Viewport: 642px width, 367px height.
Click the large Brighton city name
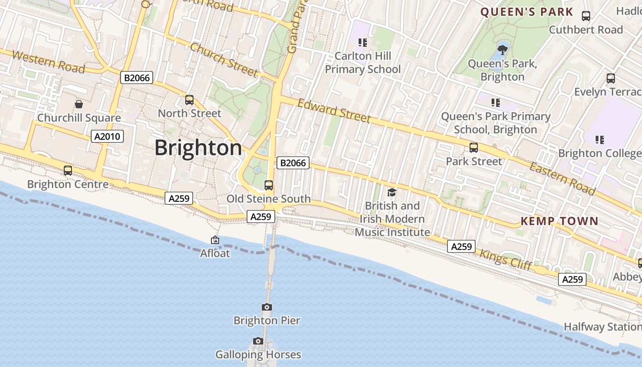[198, 148]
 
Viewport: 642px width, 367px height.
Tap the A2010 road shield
[107, 136]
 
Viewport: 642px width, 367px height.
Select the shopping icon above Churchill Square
[79, 104]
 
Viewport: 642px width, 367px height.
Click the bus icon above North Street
[189, 100]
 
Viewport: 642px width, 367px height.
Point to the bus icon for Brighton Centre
[68, 171]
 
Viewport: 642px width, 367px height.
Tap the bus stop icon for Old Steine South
[269, 185]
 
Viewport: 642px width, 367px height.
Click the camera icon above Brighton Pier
[267, 307]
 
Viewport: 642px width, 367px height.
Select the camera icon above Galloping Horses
[258, 341]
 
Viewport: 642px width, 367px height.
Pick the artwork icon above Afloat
[215, 240]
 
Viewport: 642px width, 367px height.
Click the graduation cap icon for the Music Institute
[392, 192]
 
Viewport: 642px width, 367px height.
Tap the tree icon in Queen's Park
[503, 48]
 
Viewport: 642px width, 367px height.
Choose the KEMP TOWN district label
[559, 221]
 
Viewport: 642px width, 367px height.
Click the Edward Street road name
[334, 111]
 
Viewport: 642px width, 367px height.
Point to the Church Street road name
[224, 60]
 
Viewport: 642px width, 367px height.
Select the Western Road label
[49, 62]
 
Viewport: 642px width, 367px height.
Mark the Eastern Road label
[562, 178]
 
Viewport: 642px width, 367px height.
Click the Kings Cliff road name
[505, 259]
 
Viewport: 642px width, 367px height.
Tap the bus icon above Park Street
[474, 148]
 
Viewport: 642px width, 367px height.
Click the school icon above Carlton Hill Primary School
[363, 43]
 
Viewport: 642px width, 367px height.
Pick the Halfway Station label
[602, 327]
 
